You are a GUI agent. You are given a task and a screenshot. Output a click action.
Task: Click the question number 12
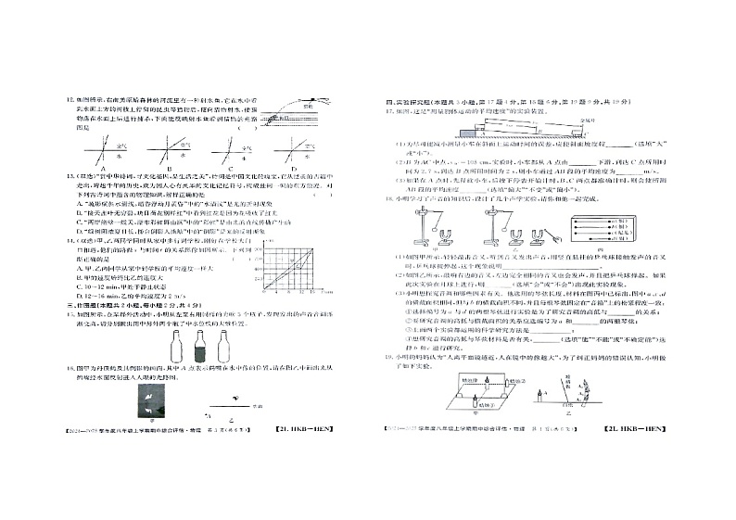(61, 98)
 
